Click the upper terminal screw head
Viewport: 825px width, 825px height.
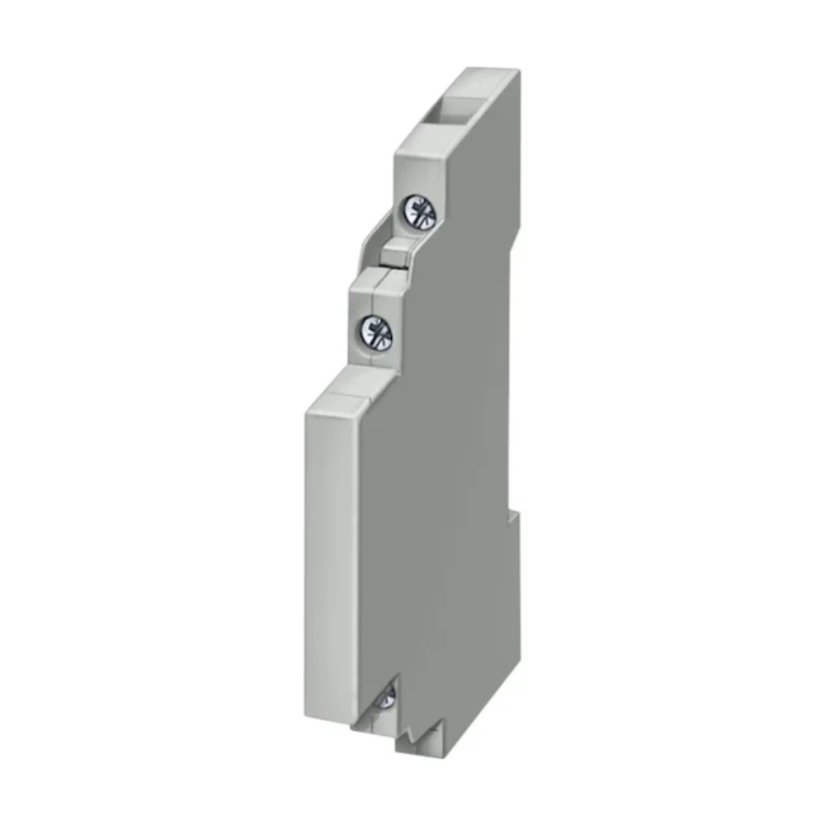[x=418, y=212]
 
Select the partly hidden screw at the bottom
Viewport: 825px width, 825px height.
[x=384, y=699]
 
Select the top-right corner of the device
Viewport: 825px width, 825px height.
[x=519, y=69]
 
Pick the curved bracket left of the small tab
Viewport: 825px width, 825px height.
[x=368, y=247]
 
